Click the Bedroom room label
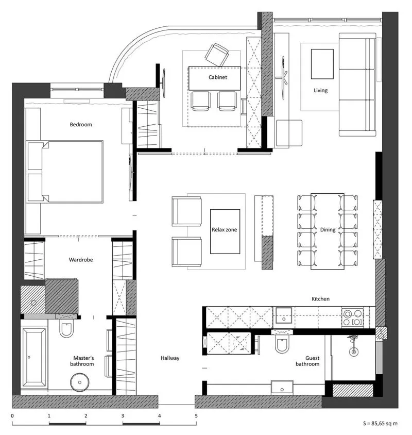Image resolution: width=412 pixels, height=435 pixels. coord(81,125)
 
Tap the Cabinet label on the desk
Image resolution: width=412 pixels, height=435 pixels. coord(218,77)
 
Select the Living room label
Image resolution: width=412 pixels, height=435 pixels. coord(320,90)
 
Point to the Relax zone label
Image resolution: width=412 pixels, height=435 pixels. coord(225,230)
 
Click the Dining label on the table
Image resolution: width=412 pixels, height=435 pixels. coord(328,230)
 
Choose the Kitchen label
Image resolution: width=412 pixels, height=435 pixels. coord(320,299)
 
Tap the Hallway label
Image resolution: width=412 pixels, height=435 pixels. coord(170,358)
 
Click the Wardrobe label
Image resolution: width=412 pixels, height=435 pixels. coord(81,260)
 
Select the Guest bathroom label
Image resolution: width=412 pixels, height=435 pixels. coord(307,361)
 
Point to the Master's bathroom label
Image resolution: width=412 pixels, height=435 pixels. coord(82,361)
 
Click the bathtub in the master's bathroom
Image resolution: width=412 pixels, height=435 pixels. coord(34,357)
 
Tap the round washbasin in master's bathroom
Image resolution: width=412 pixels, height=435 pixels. coord(80,382)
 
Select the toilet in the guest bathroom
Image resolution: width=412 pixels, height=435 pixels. coord(282,343)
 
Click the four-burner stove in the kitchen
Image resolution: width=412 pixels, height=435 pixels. coord(352,317)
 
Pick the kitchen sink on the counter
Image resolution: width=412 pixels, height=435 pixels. coord(283,316)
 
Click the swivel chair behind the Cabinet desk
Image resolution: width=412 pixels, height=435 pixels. coord(217,55)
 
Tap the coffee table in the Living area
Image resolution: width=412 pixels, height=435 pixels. coord(322,64)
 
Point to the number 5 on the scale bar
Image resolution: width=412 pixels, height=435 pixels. coord(196,416)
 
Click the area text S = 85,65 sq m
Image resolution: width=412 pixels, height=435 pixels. coord(380,423)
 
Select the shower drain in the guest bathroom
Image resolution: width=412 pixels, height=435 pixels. coord(353,352)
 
